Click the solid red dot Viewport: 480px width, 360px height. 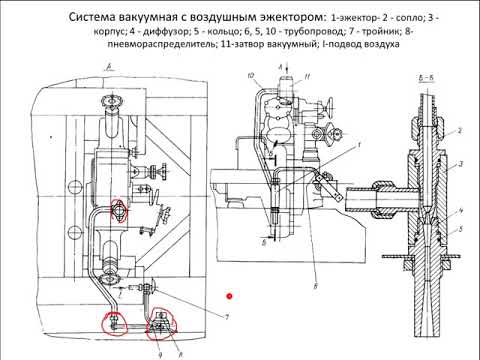pos(229,295)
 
